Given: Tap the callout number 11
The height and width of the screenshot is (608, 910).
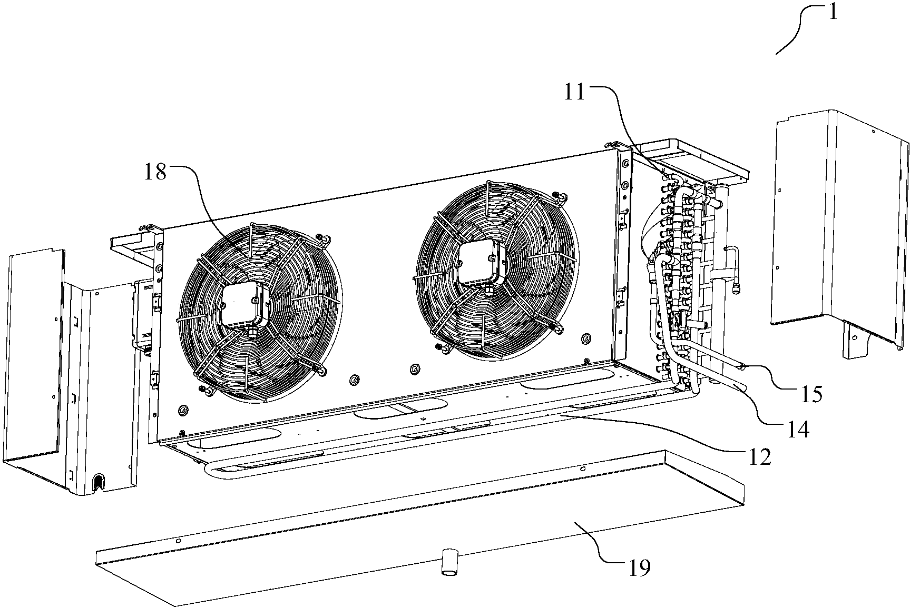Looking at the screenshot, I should click(x=575, y=93).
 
